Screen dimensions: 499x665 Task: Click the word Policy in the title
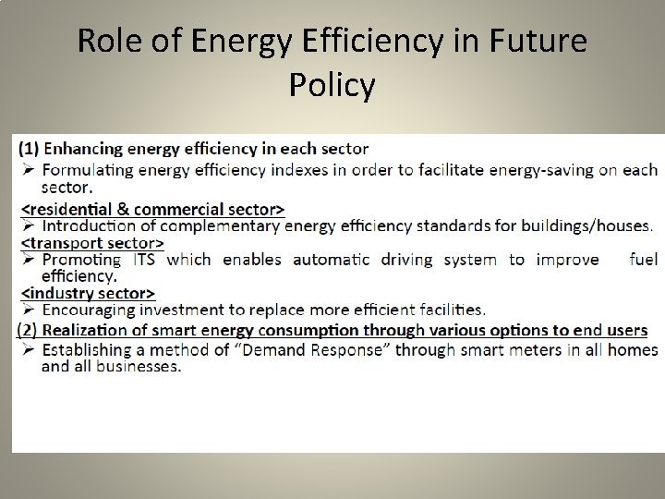pos(332,85)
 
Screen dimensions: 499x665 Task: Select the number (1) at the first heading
pos(30,148)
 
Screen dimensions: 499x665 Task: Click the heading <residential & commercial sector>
pos(153,207)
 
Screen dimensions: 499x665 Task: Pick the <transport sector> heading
pos(92,243)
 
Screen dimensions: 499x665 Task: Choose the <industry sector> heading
pos(87,294)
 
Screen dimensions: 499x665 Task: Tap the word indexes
pos(293,169)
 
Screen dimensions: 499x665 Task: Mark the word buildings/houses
pos(586,225)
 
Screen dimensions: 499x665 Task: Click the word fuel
pos(643,260)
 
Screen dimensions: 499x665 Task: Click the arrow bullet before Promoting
pos(28,260)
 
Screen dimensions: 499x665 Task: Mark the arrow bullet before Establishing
pos(28,349)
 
